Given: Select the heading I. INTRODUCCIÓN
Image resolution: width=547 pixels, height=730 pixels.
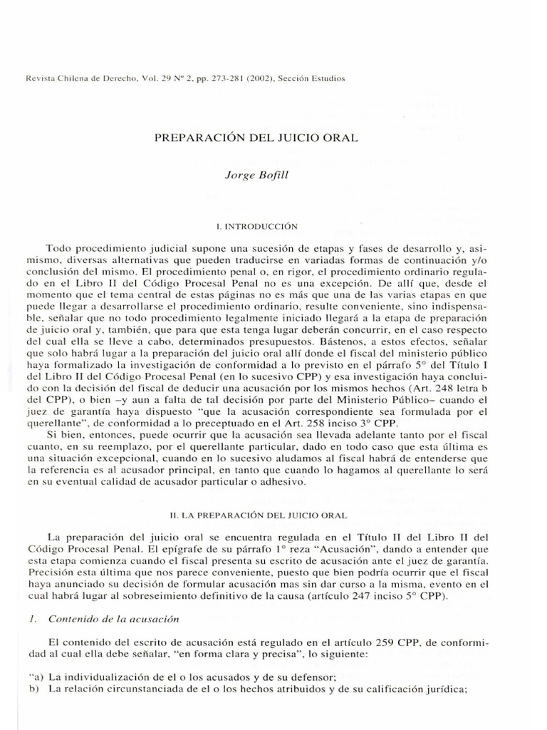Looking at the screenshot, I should point(273,226).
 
